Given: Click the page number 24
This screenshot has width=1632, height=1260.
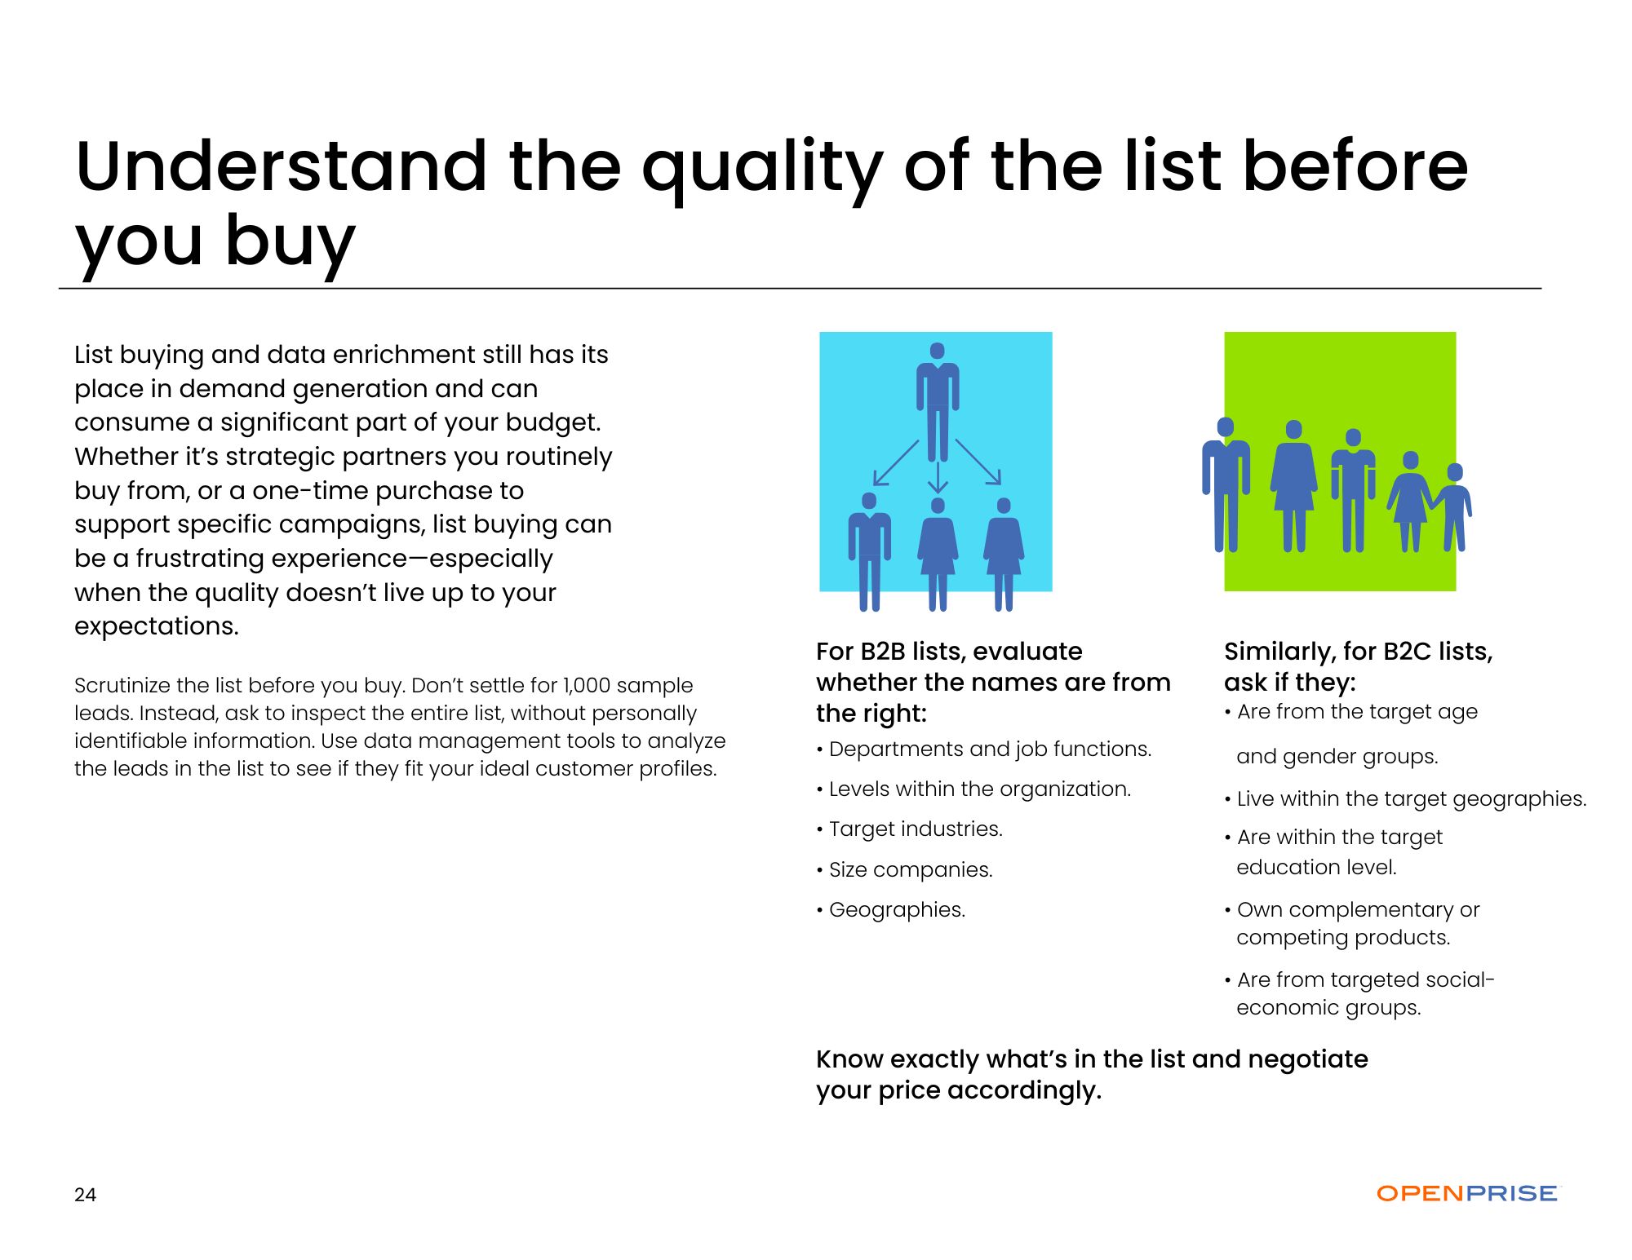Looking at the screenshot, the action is [85, 1195].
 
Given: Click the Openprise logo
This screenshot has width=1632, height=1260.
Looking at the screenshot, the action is [1467, 1193].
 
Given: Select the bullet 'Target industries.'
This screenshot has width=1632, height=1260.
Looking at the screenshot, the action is [910, 829].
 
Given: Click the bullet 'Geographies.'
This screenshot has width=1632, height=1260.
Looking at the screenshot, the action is [891, 910].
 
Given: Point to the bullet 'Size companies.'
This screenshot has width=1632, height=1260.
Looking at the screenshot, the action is [905, 869].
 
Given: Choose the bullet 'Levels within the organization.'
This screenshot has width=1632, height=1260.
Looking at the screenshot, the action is [973, 789].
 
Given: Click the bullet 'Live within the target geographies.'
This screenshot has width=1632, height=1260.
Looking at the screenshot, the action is [1406, 799].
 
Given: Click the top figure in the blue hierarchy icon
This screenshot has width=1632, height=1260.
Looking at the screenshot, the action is [938, 401].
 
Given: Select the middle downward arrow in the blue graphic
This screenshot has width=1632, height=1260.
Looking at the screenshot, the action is [938, 477].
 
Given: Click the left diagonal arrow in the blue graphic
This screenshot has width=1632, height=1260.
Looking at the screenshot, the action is [895, 463].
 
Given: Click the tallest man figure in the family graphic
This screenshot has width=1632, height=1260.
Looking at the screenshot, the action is [1226, 484].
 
